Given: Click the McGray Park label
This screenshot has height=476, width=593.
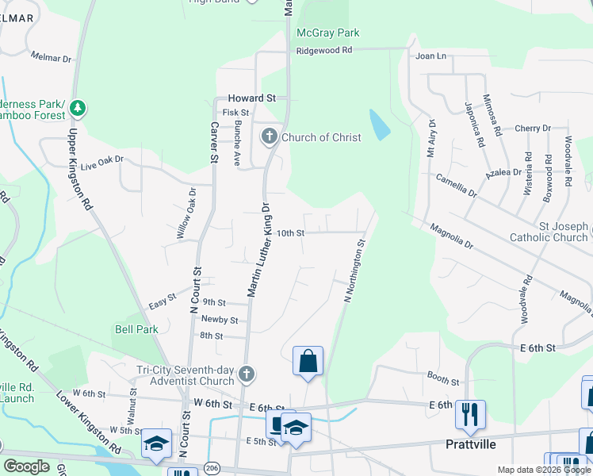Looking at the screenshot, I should point(327,33).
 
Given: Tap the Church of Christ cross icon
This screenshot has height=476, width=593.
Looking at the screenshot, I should point(269,137).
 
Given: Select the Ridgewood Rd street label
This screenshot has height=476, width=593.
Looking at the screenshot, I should point(323,50).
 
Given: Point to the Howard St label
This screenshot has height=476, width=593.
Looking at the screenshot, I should point(251,98).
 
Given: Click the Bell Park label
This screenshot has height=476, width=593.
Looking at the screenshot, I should point(136,329).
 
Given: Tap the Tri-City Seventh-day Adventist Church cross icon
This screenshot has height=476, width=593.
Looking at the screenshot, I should point(247,373).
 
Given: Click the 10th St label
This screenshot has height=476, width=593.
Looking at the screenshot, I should point(290,233).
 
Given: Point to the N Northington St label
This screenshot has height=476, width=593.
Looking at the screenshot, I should point(354,271).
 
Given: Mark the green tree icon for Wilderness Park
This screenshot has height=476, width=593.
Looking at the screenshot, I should point(77,107).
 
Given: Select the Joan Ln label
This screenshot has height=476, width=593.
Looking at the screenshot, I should point(431,56).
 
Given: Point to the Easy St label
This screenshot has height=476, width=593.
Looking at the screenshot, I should point(162,301).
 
